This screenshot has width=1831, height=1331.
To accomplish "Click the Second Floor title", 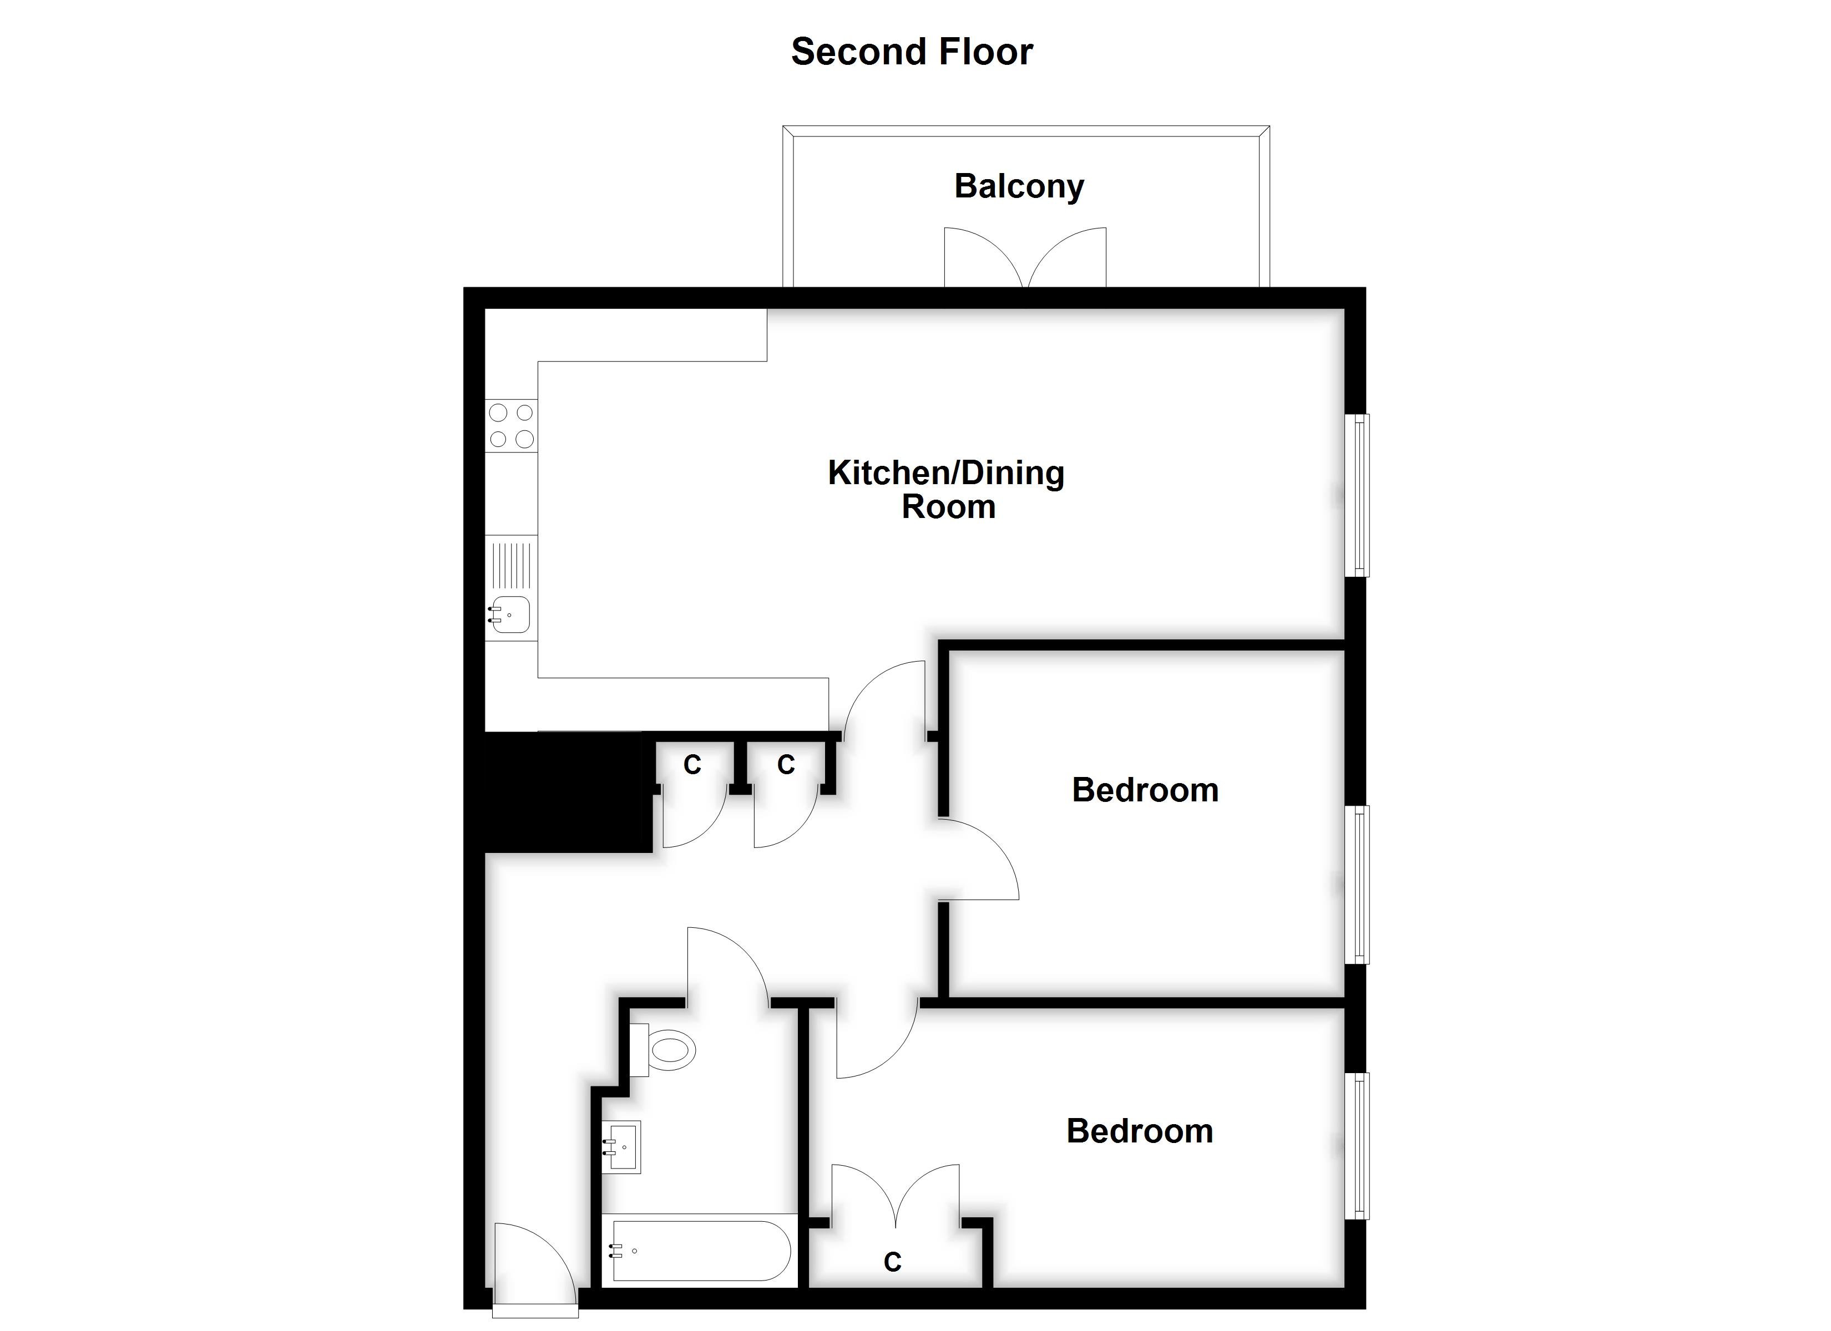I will click(x=912, y=52).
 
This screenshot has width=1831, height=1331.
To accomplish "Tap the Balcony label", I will click(x=1019, y=186).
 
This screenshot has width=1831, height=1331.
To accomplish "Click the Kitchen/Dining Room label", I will click(x=946, y=489).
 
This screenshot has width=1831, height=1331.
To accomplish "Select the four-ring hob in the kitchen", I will click(x=511, y=425).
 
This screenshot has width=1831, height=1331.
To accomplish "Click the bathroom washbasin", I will click(x=623, y=1147).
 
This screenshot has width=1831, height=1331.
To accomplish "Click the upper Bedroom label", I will click(x=1145, y=790).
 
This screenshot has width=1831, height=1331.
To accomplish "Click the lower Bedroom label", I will click(x=1139, y=1131).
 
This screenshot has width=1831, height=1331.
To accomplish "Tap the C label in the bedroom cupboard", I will click(x=892, y=1262).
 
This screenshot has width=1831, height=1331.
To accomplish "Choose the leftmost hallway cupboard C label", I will click(x=692, y=764).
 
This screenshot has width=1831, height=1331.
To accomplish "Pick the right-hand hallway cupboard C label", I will click(x=786, y=764).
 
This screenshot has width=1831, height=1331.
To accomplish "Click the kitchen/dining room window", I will click(x=1360, y=495).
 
